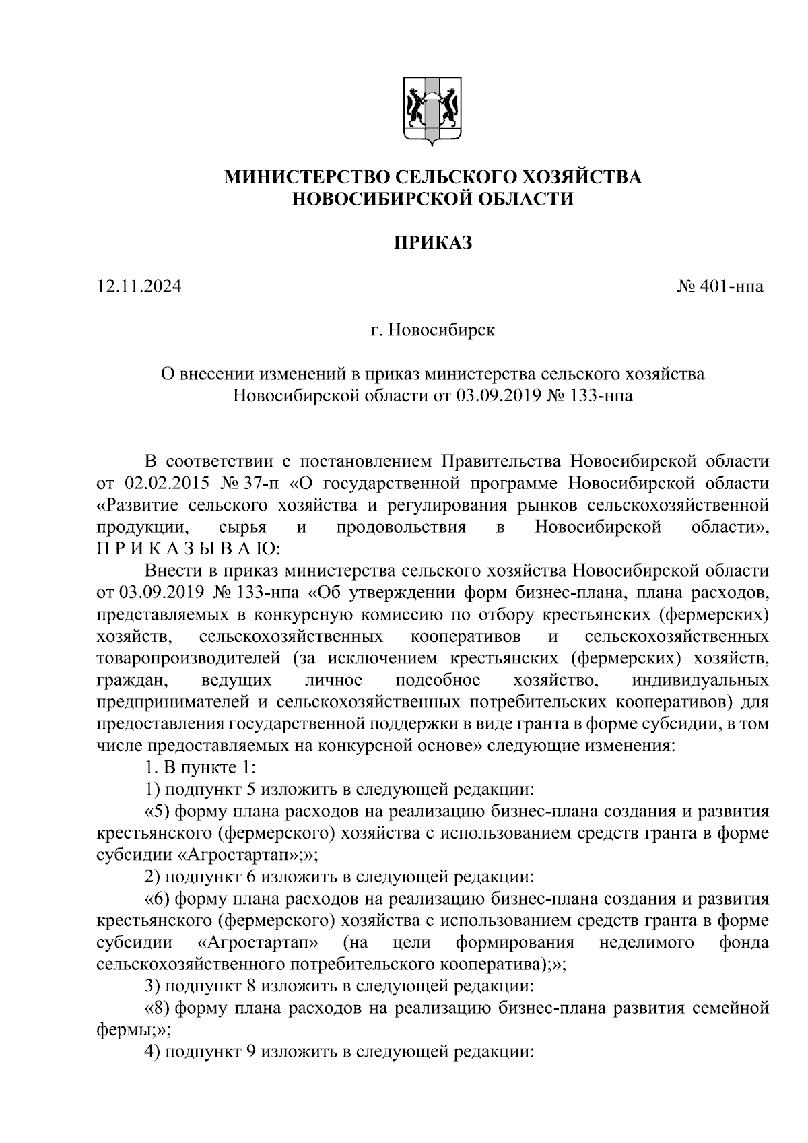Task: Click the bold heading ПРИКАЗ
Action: point(433,242)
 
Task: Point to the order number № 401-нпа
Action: point(720,286)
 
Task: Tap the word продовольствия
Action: point(401,527)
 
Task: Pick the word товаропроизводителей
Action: point(188,657)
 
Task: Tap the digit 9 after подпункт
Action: point(246,1051)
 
